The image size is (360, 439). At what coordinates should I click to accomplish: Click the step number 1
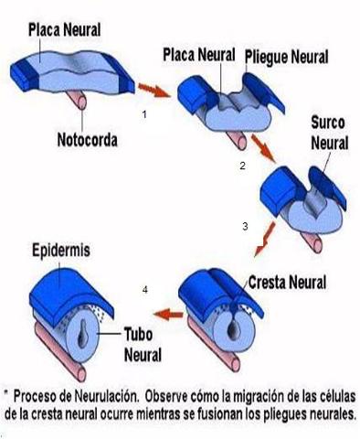pos(144,113)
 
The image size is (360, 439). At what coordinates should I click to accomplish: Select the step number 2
pos(241,166)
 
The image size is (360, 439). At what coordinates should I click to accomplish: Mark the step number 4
pos(144,290)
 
